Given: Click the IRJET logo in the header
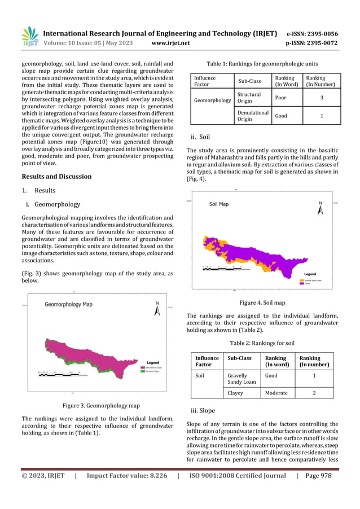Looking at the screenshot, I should (x=29, y=37).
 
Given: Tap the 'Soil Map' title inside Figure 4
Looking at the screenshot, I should (x=219, y=204).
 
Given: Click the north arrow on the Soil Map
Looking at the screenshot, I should (x=321, y=208).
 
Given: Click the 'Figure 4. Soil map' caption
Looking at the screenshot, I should (x=262, y=302).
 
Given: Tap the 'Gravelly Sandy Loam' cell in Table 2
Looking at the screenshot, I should (x=242, y=378).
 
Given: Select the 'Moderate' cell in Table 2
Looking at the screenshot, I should (x=276, y=393).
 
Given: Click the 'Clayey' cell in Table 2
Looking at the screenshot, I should (x=235, y=393).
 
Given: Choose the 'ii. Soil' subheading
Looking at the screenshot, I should (x=201, y=136).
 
